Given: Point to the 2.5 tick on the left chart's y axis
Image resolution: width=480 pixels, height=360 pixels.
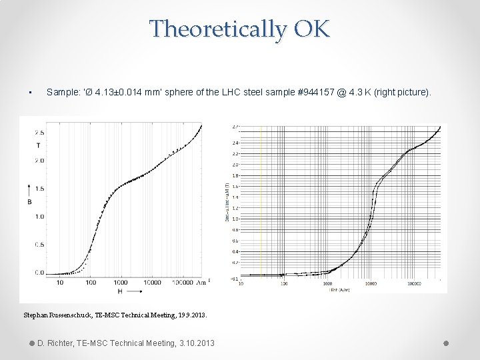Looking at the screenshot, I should pyautogui.click(x=40, y=133).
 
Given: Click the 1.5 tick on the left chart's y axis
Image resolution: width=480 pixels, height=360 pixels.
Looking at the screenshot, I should pyautogui.click(x=40, y=189).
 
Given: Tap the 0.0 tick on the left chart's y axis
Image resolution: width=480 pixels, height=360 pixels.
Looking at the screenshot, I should pyautogui.click(x=40, y=273).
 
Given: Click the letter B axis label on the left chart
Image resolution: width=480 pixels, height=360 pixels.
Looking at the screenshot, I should pyautogui.click(x=29, y=201).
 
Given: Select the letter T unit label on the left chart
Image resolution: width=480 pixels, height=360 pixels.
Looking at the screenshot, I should pyautogui.click(x=38, y=145).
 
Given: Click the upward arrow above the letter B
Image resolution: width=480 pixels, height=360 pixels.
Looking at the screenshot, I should pyautogui.click(x=29, y=183).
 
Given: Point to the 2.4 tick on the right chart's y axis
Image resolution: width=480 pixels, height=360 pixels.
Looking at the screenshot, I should pyautogui.click(x=235, y=143).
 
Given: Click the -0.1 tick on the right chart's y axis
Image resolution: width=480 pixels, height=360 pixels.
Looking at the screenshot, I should pyautogui.click(x=235, y=278).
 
